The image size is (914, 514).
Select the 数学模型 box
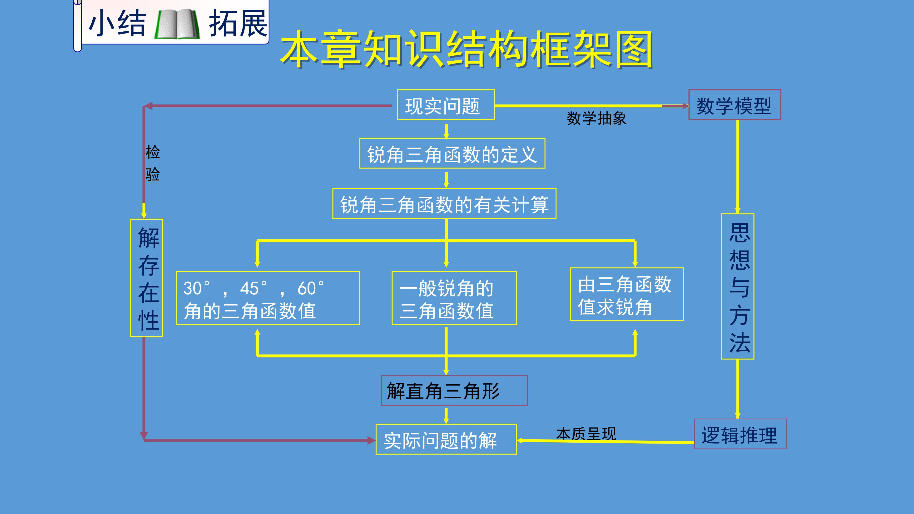tap(735, 105)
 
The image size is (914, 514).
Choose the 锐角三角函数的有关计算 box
tap(444, 204)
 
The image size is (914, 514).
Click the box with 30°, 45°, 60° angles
tap(268, 298)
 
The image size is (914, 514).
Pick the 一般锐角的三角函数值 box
tap(454, 298)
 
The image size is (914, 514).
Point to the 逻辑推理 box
tap(740, 434)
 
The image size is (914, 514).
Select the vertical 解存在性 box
tap(147, 278)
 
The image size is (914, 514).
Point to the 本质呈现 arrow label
tap(586, 434)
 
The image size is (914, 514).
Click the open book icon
tap(177, 24)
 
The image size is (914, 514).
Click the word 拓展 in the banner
tap(238, 23)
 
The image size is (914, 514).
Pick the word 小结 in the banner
tap(117, 23)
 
